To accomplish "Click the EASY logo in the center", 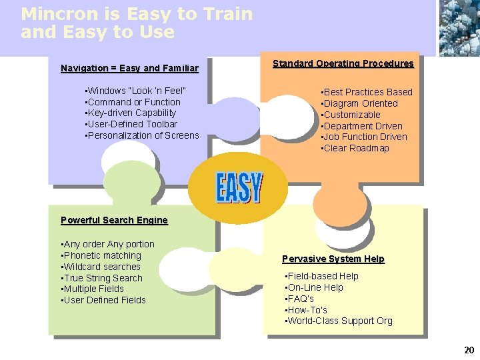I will [239, 187].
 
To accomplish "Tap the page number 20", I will [469, 349].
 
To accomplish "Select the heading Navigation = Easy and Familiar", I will [129, 68].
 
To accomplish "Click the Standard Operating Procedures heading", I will [343, 63].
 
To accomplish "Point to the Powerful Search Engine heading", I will [114, 220].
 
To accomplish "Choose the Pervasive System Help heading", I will [333, 259].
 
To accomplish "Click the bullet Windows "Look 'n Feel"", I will [136, 91].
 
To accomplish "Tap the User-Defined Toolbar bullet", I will [131, 124].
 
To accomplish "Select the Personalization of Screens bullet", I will [142, 135].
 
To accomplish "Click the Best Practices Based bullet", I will [367, 92].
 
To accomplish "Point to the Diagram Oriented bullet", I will [360, 103].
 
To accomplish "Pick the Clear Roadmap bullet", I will [355, 148].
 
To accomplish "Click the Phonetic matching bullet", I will [101, 255].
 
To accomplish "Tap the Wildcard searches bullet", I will [101, 267].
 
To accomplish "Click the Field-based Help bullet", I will [322, 276].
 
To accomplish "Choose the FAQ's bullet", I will [300, 299].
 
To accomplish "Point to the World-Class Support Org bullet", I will [339, 321].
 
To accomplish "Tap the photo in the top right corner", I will [459, 27].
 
